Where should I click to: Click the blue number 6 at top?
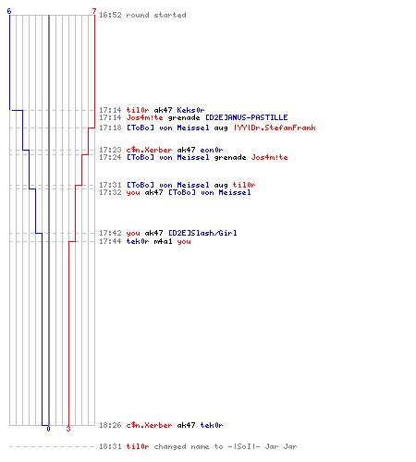9,11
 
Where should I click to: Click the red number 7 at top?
94,11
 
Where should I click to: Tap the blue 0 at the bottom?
48,429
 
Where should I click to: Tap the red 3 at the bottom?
68,429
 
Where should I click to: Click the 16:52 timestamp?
110,15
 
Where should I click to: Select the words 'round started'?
156,15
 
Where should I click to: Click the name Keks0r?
190,110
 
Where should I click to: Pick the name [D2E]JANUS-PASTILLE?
247,117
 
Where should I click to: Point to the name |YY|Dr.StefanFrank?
275,128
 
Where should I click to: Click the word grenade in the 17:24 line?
230,157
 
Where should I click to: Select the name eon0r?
212,150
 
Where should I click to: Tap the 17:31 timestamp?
110,185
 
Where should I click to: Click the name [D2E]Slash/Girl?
202,233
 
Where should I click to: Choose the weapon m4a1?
163,241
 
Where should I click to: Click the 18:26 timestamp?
110,425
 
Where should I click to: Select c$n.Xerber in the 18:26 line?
149,425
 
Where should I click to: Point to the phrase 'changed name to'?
189,446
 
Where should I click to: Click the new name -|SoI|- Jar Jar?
263,446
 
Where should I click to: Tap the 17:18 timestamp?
110,128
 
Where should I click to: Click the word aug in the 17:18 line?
221,128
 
